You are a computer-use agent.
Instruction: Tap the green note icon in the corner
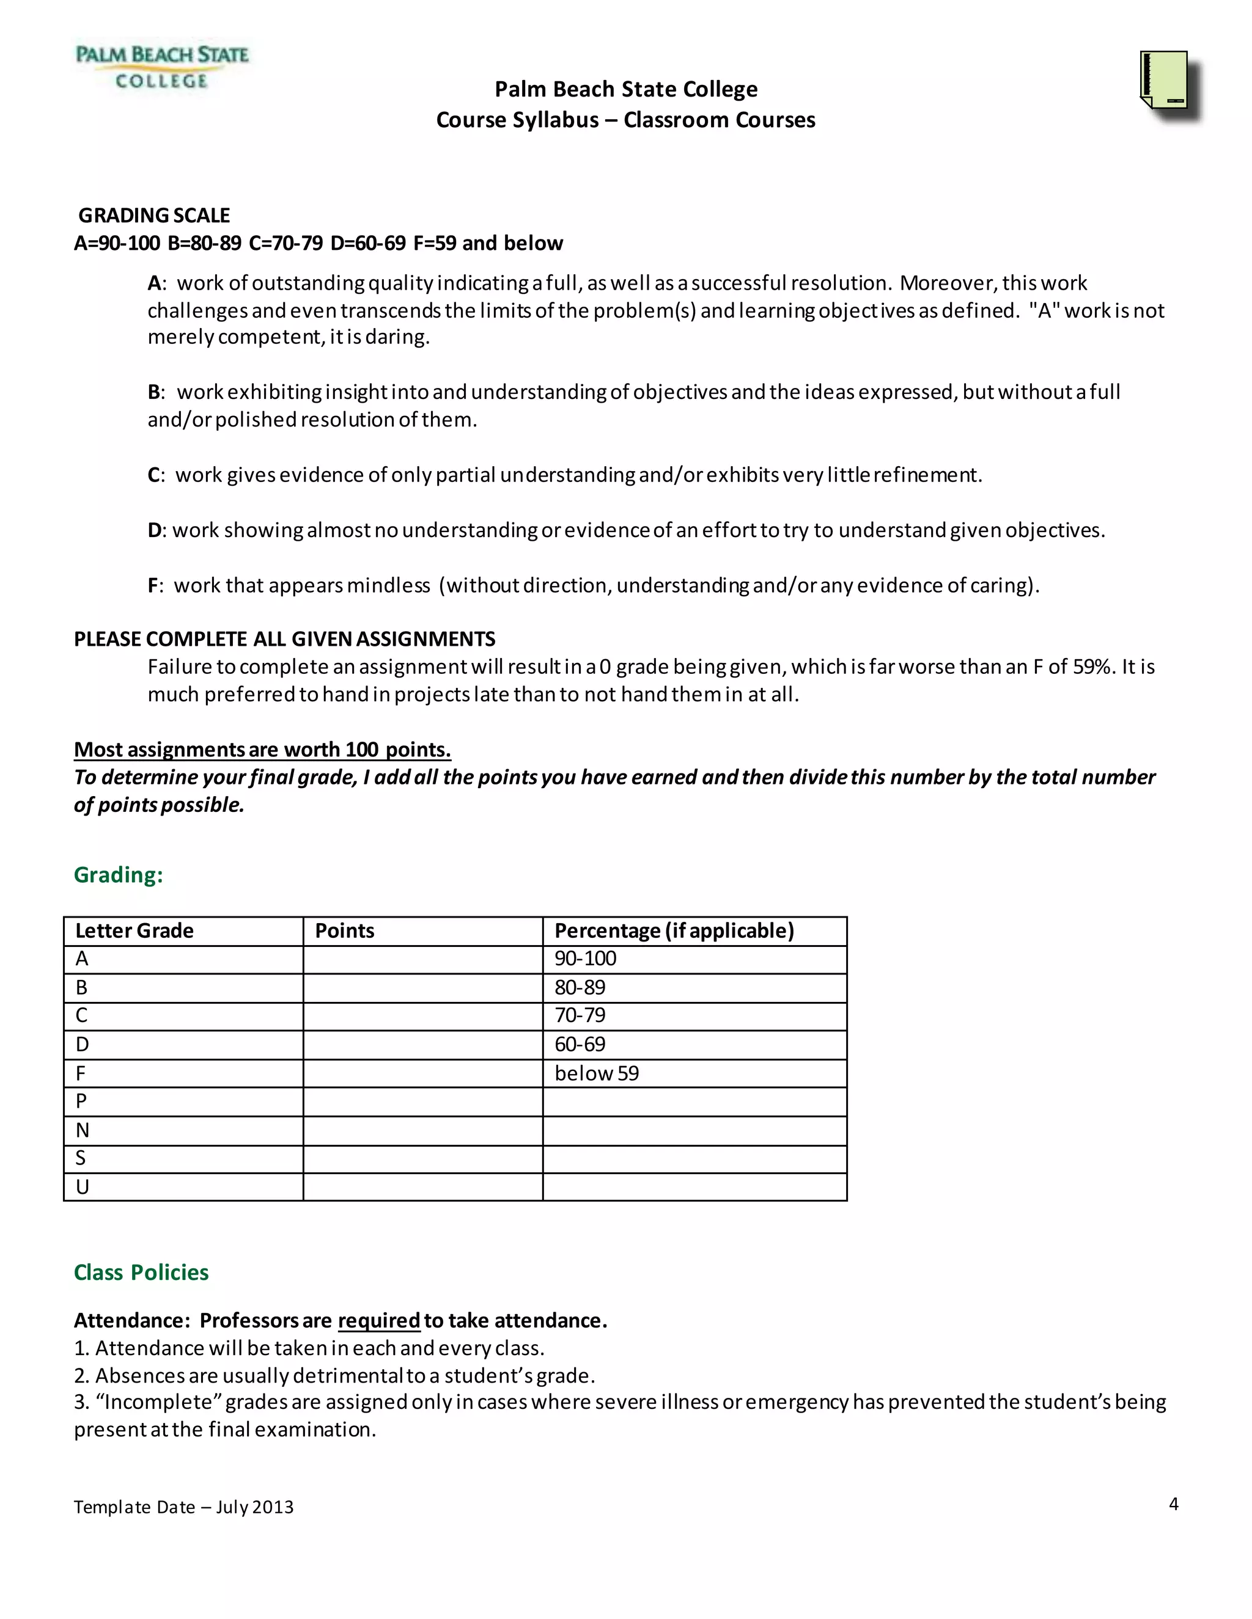point(1166,80)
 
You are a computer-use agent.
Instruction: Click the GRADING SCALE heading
point(154,215)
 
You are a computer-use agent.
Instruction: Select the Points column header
point(344,931)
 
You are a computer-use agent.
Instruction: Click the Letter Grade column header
point(134,931)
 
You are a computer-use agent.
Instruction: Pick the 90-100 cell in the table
point(585,959)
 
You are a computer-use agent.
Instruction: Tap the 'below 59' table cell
point(596,1073)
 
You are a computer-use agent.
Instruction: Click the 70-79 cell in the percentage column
point(580,1015)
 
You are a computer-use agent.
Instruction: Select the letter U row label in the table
point(83,1188)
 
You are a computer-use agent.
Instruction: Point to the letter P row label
point(81,1102)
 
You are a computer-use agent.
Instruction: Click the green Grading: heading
point(118,875)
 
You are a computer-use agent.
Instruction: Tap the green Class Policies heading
point(141,1273)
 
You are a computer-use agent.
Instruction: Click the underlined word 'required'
point(379,1321)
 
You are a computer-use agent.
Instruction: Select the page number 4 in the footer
point(1173,1504)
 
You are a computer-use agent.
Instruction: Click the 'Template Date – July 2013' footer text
point(183,1507)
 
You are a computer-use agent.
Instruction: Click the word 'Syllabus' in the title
point(556,120)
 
